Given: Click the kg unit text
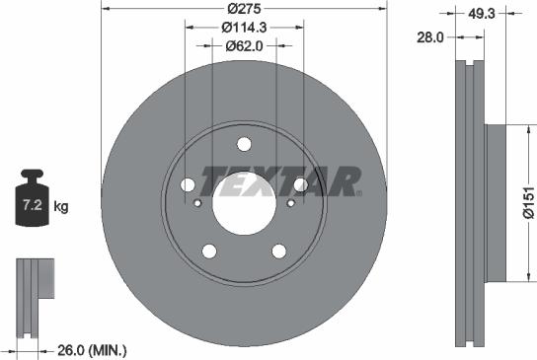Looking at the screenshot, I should pos(61,207).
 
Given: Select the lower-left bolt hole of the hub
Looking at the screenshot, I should pos(209,251).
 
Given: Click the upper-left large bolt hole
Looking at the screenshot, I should pos(188,184).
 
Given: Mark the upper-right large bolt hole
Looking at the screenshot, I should pos(300,184).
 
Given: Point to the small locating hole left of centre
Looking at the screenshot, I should pos(197,204).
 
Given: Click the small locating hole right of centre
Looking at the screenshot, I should pos(291,204).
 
